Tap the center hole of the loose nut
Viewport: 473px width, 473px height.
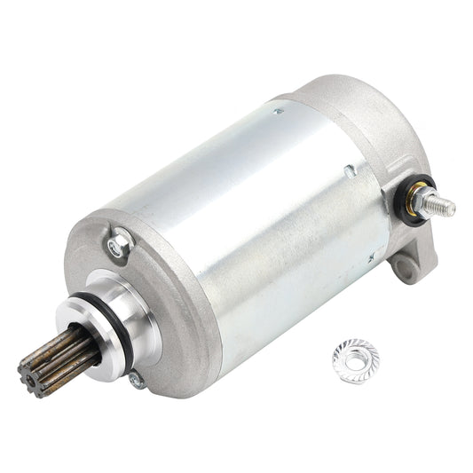[354, 359]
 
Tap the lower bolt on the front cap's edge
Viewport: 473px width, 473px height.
[136, 380]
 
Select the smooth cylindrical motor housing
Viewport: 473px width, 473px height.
[266, 222]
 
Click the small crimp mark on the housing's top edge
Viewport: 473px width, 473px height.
[279, 112]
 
